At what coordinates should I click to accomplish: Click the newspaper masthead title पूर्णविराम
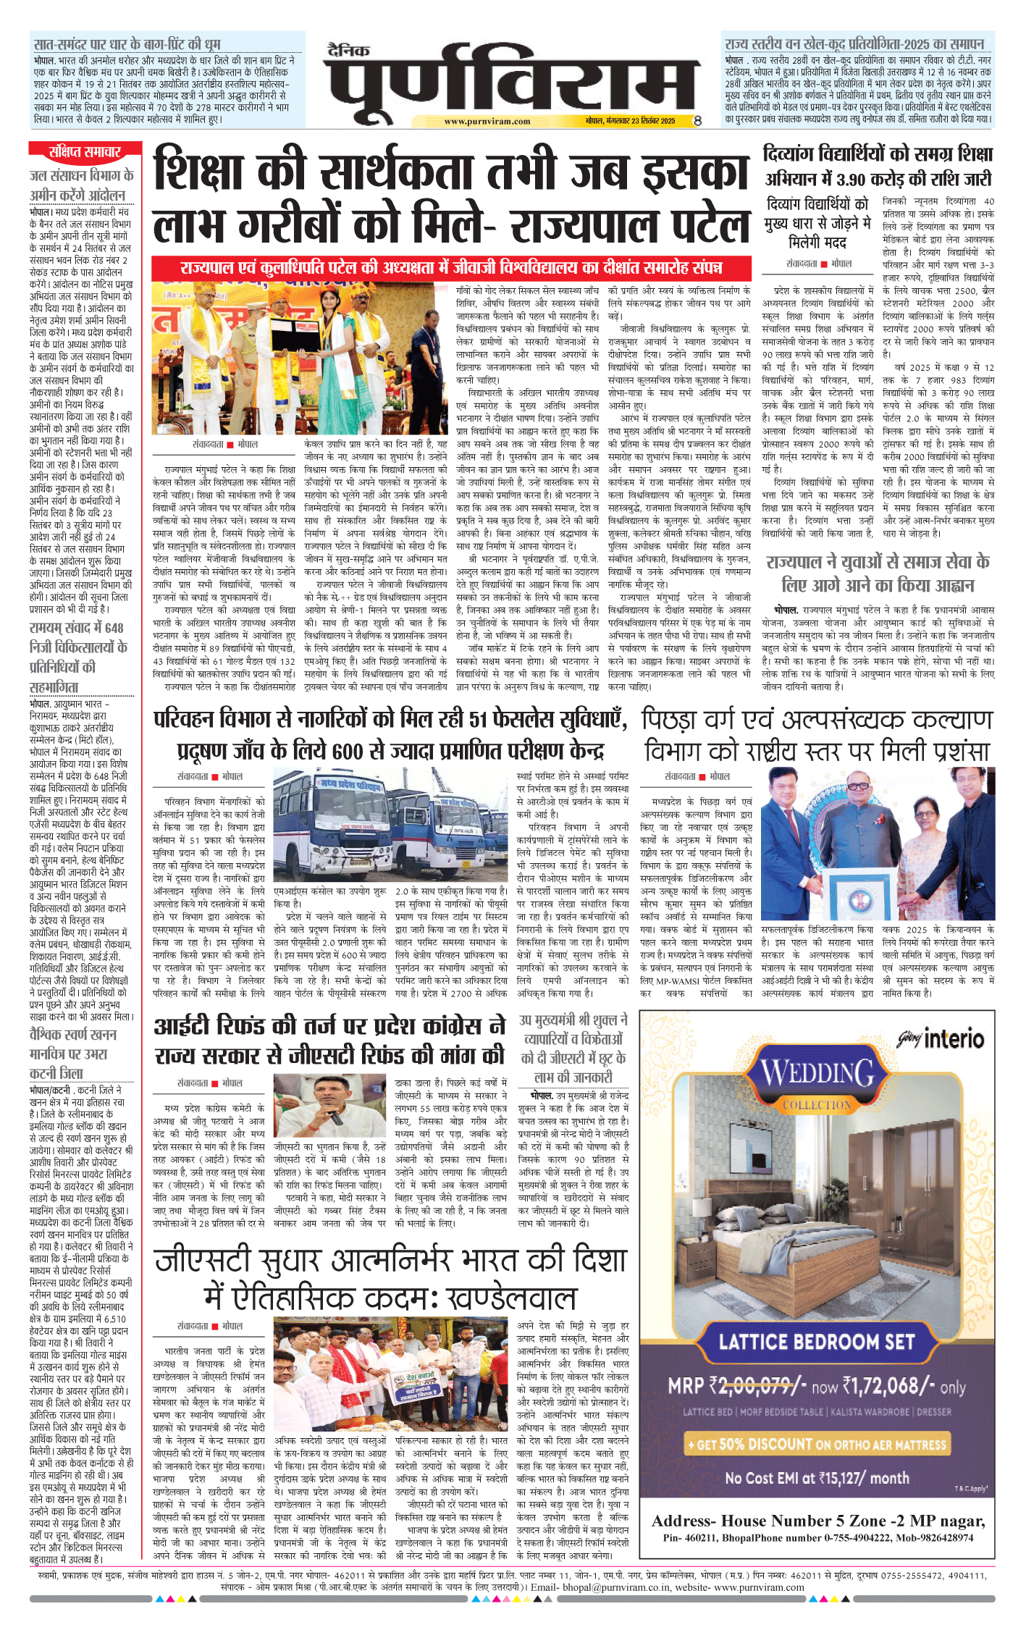point(511,81)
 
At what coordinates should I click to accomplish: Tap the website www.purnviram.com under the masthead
point(487,122)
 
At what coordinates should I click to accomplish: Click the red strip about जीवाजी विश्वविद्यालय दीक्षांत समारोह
point(451,267)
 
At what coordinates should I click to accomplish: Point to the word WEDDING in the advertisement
point(817,1074)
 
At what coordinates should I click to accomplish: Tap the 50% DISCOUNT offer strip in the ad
point(816,1444)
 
